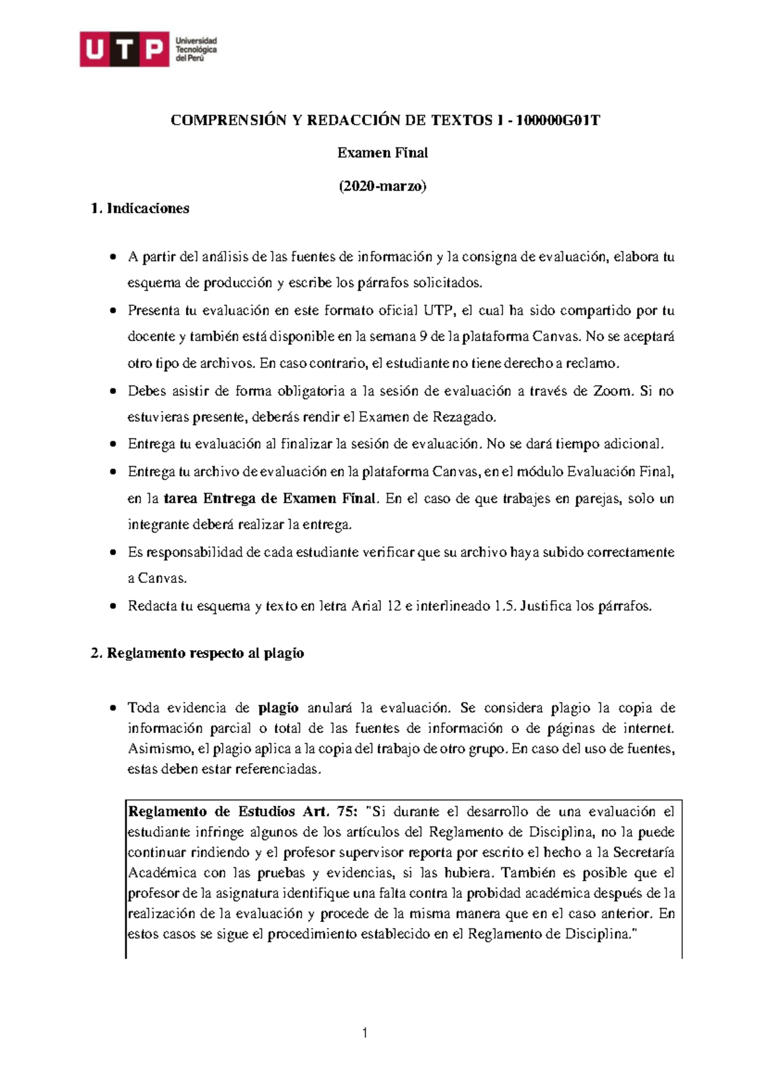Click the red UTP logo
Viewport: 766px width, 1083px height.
point(124,49)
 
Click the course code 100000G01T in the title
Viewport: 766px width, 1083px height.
point(558,120)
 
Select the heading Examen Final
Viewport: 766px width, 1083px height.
point(382,153)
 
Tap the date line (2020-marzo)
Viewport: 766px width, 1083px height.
point(382,186)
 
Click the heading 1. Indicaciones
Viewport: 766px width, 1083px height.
point(140,208)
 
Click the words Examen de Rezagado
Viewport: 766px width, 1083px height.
point(427,417)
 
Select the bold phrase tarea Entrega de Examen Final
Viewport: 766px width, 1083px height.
point(271,498)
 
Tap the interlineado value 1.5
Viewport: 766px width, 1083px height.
point(504,606)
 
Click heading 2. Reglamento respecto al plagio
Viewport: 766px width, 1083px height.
point(197,653)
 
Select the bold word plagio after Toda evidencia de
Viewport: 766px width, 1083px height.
point(278,708)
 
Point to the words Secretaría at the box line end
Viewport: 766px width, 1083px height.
point(643,852)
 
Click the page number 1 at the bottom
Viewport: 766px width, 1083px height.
point(365,1033)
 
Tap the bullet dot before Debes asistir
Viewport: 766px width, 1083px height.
point(113,391)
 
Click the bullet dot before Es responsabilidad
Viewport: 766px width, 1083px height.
point(113,552)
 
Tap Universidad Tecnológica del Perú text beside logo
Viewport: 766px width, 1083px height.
point(196,49)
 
